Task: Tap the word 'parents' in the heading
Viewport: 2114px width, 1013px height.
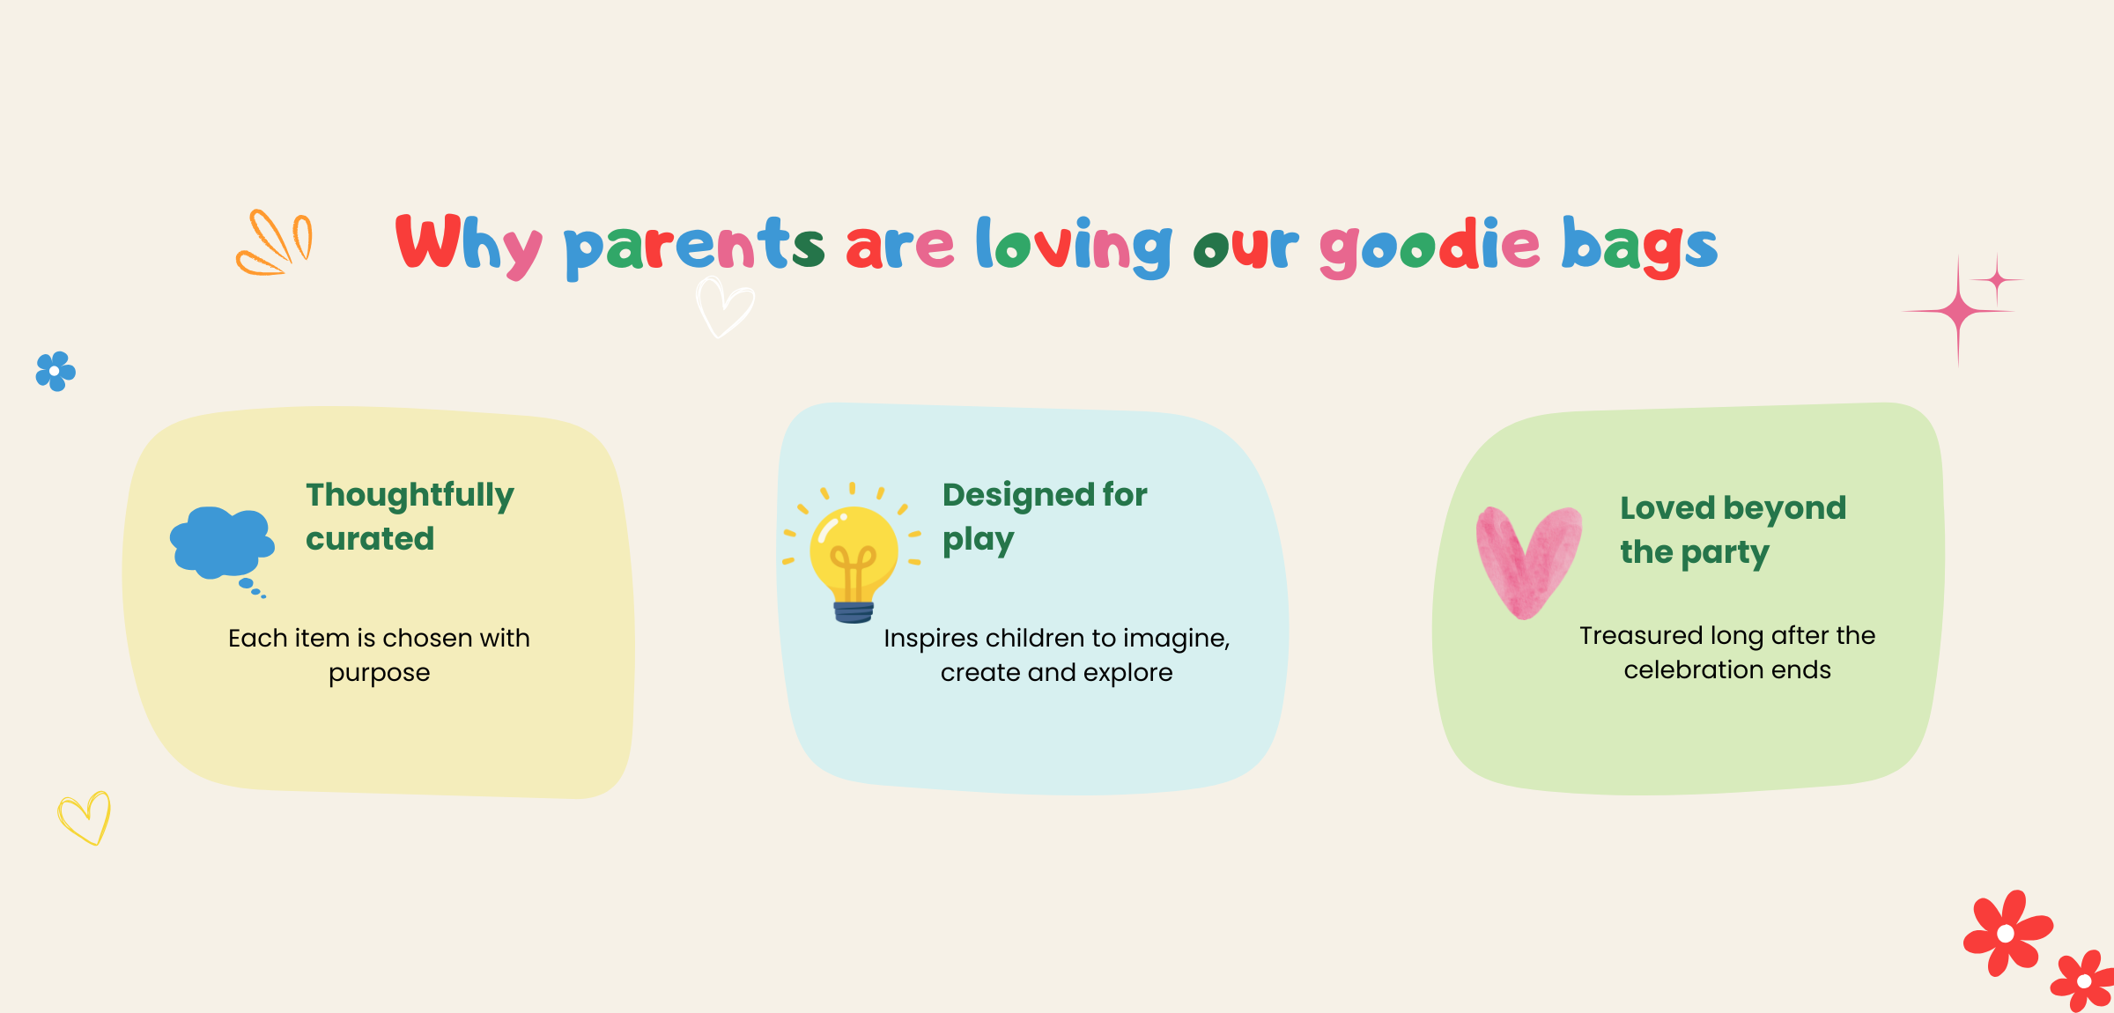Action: pos(694,247)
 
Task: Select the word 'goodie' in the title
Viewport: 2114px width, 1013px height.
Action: pos(1430,246)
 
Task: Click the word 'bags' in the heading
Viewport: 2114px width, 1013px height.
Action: pos(1639,246)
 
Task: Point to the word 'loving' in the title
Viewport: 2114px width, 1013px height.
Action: pos(1074,246)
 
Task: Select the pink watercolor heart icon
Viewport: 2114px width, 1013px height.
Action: pos(1528,562)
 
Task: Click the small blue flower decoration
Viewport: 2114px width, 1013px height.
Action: pos(55,372)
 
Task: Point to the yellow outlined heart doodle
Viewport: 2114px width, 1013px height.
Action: pos(85,818)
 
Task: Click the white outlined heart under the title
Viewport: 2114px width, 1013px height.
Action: pos(724,307)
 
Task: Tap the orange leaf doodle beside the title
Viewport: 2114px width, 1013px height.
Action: pos(274,243)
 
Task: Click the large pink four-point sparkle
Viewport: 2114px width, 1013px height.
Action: pos(1958,311)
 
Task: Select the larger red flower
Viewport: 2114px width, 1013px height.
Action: pos(2007,933)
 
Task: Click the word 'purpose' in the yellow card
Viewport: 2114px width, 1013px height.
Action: pos(380,674)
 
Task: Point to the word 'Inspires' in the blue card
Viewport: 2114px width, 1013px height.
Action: pos(931,639)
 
